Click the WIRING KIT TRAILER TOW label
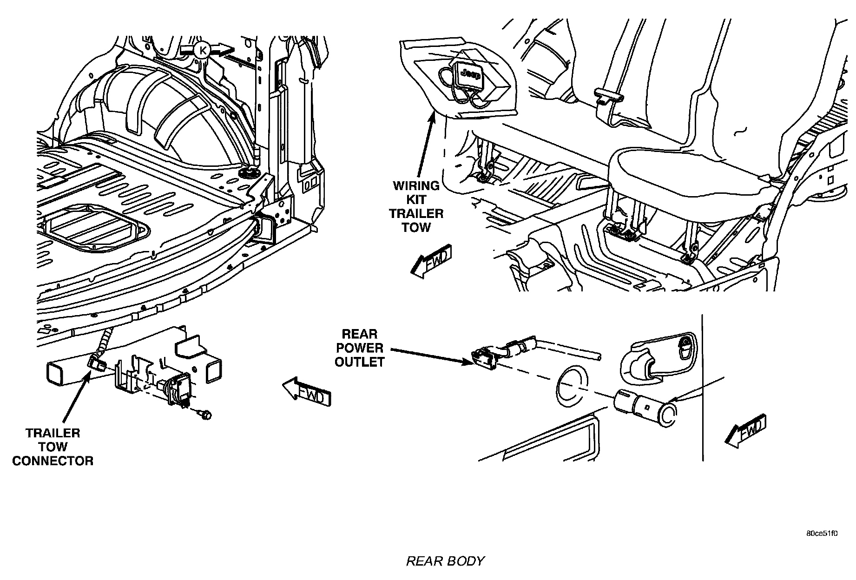(416, 206)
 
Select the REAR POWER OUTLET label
(359, 348)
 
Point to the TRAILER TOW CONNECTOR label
(53, 447)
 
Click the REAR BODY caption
(445, 561)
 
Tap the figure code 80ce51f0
(822, 534)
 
